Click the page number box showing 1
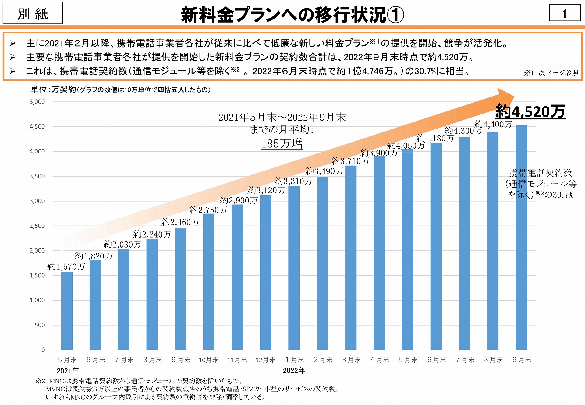565,13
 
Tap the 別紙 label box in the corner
33,13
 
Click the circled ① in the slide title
395,15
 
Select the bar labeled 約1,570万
67,311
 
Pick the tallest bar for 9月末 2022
521,238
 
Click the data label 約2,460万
180,222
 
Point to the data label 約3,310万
293,181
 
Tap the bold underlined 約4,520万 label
530,111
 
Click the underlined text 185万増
282,144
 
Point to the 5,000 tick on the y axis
37,102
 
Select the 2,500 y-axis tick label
37,226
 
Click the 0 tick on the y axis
43,350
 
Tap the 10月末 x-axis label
209,360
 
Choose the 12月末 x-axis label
265,360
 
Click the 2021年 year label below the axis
68,371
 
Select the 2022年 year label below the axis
294,371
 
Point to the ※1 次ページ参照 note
551,73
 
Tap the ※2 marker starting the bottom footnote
40,381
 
